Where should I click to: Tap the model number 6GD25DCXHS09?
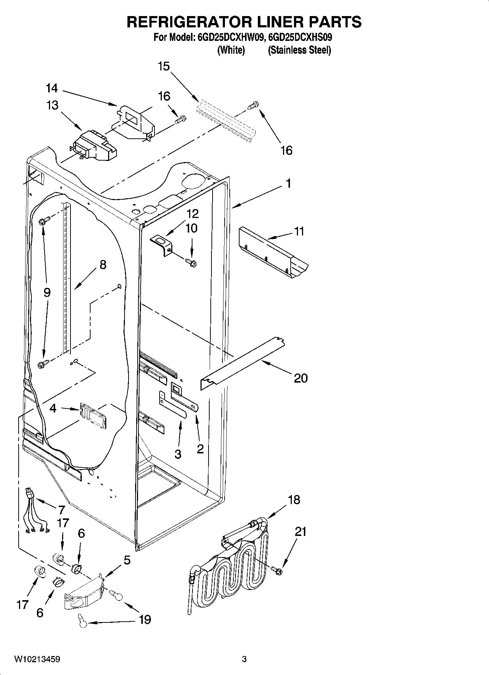[300, 38]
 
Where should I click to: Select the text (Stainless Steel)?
[299, 50]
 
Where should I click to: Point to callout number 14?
[52, 88]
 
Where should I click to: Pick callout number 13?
[52, 105]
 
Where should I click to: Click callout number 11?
[299, 231]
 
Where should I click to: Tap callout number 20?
[301, 378]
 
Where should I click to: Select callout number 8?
[103, 265]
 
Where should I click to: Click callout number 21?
[301, 532]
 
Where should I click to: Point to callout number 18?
[294, 500]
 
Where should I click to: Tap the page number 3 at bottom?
[244, 659]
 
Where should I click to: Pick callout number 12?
[193, 214]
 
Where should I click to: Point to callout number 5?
[127, 560]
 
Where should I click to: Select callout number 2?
[200, 449]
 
